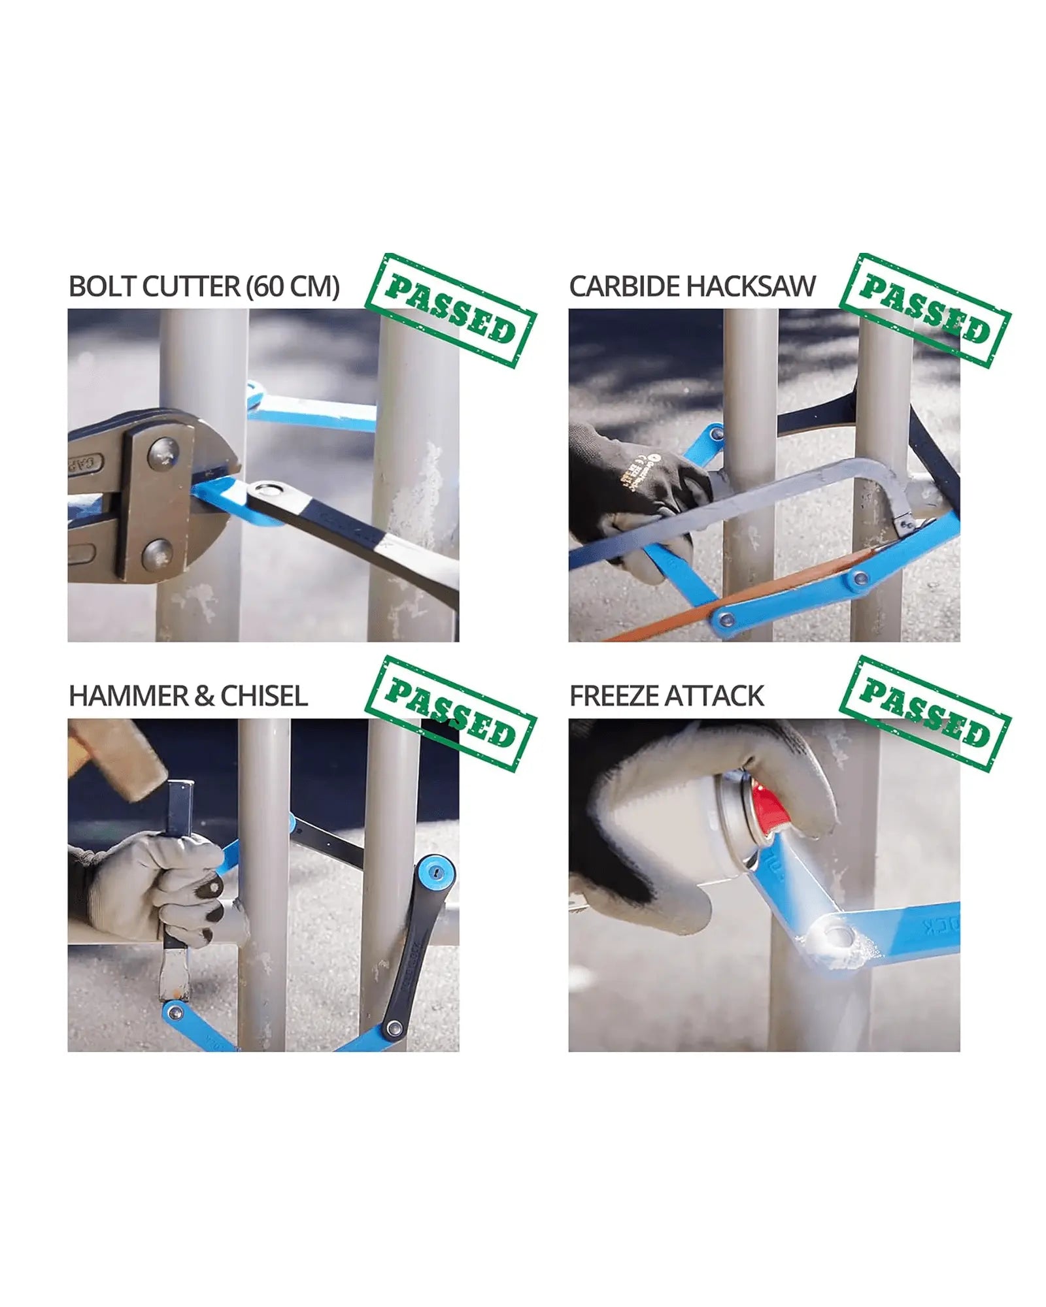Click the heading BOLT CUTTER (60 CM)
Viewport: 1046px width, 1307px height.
pos(204,286)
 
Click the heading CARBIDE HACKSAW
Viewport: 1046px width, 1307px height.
pos(692,286)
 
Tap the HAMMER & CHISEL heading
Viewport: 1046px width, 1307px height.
pos(188,696)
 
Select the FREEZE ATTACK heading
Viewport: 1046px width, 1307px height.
pos(667,696)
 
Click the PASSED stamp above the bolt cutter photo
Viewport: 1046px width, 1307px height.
pos(450,310)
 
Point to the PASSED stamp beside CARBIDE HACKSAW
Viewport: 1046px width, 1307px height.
pos(925,310)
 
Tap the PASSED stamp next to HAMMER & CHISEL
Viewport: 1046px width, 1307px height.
pos(450,714)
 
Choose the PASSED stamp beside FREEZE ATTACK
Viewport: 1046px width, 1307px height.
pos(925,714)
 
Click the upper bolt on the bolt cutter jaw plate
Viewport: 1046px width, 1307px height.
pos(163,453)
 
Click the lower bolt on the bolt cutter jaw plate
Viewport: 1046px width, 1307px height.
pos(157,554)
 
